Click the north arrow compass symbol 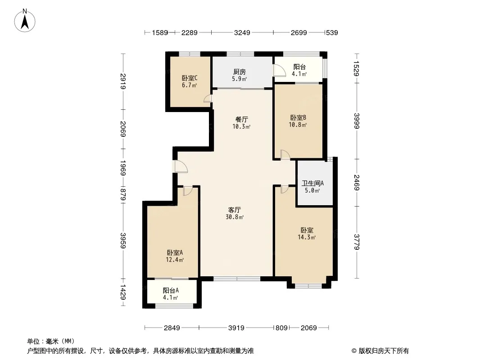tap(25, 21)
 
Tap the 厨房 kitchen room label tap(240, 72)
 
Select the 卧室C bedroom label tap(190, 78)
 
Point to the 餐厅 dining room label tap(241, 120)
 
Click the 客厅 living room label tap(235, 210)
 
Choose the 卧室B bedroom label tap(298, 118)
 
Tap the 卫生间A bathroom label tap(312, 183)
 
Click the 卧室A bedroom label tap(175, 252)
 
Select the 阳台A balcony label tap(171, 290)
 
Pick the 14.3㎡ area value tap(307, 237)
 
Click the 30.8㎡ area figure tap(235, 217)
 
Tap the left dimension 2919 tap(123, 81)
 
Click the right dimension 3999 tap(357, 121)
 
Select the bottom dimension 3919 tap(236, 328)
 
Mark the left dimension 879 tap(123, 194)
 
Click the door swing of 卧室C tap(208, 99)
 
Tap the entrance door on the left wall tap(181, 166)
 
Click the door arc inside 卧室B tap(285, 154)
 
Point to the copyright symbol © tap(354, 351)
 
